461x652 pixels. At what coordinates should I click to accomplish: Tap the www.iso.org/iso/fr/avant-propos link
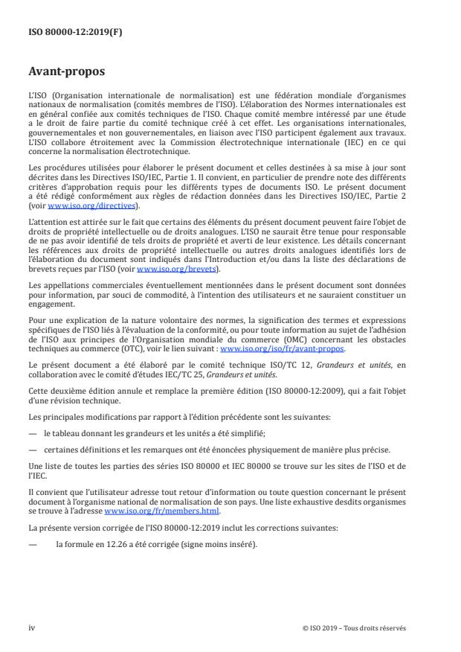click(x=283, y=327)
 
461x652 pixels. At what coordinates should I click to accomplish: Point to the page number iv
click(x=32, y=627)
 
